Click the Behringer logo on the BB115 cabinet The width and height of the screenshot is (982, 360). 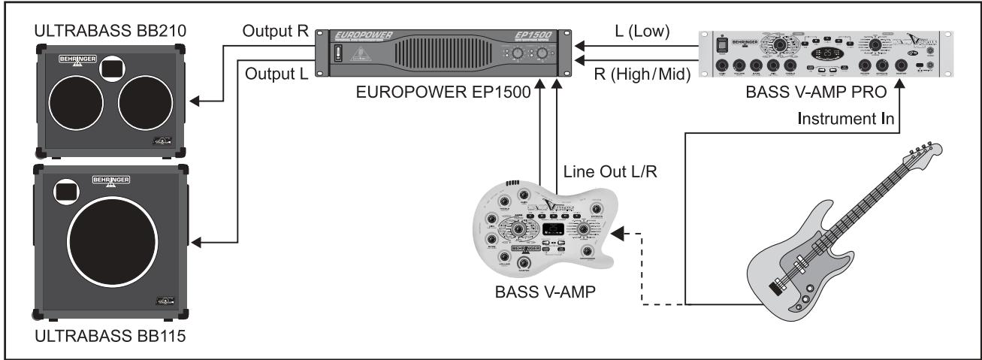[110, 180]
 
